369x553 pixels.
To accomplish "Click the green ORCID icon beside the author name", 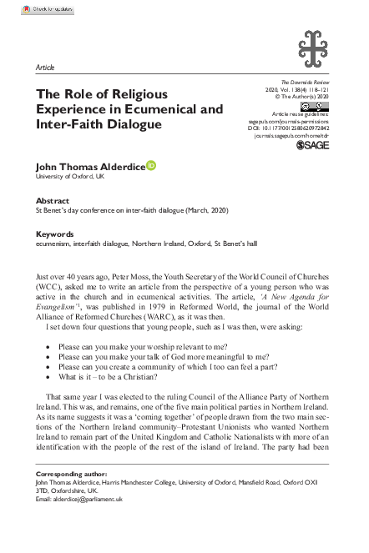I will coord(152,166).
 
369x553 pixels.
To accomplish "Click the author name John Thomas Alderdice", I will coord(90,167).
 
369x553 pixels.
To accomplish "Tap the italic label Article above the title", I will coord(46,66).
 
